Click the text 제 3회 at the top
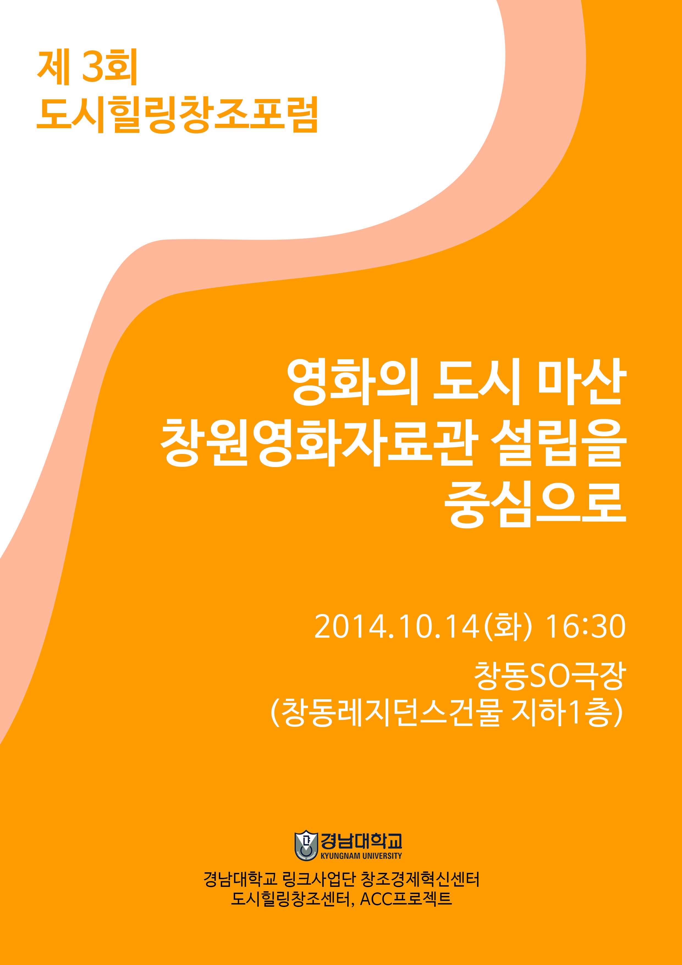pyautogui.click(x=87, y=67)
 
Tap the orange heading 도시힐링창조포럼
pyautogui.click(x=177, y=115)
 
